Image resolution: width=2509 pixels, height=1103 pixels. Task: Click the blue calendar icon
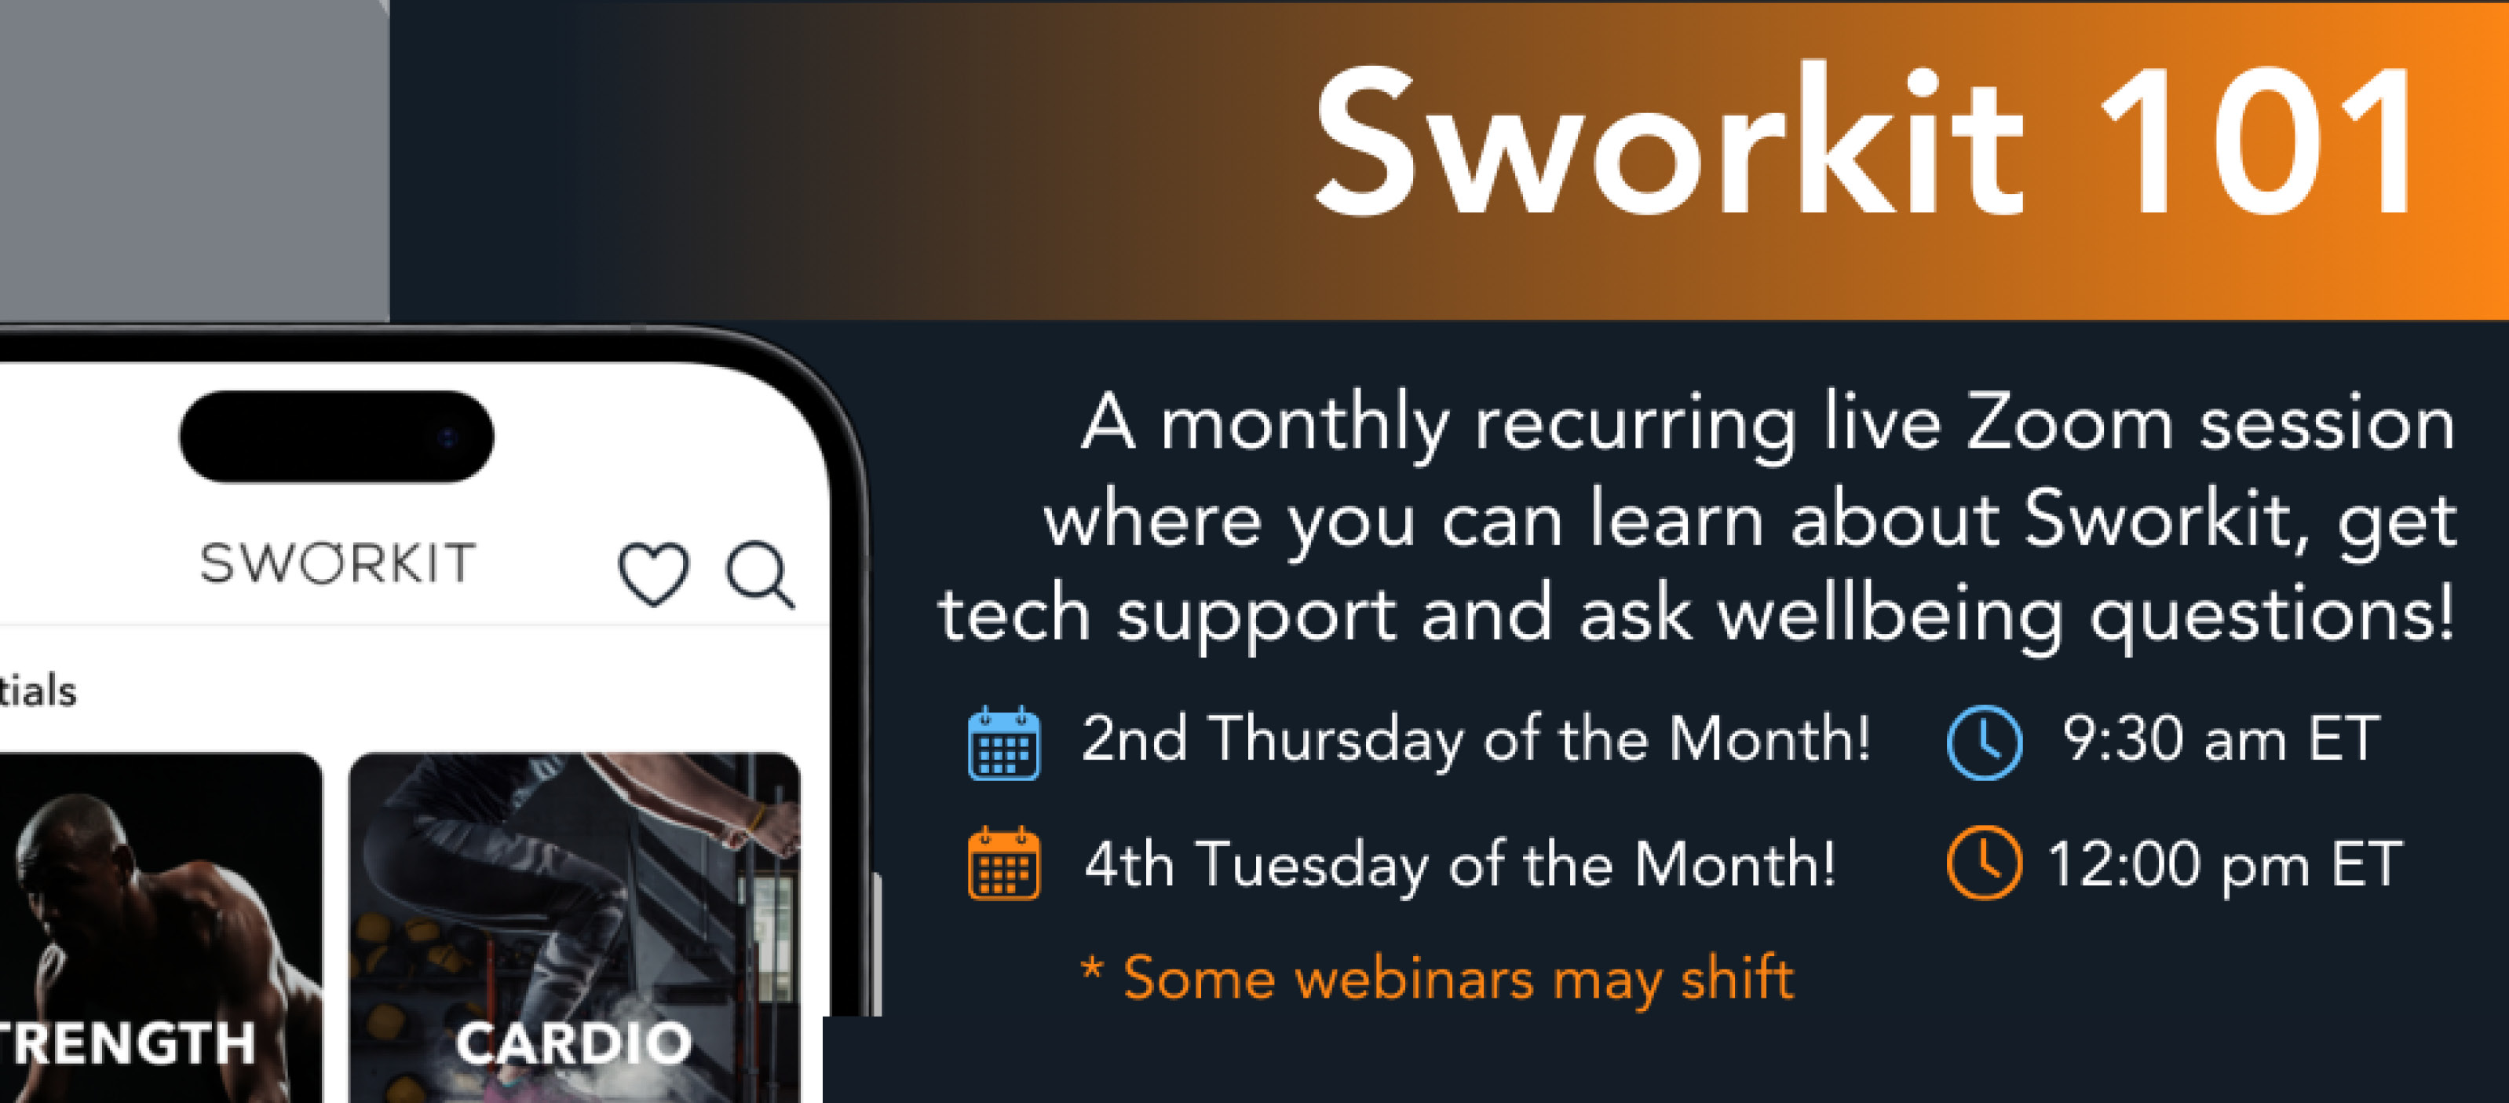pyautogui.click(x=1004, y=742)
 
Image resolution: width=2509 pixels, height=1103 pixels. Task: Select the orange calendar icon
pyautogui.click(x=1004, y=863)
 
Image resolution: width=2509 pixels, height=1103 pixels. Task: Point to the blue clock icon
pyautogui.click(x=1984, y=742)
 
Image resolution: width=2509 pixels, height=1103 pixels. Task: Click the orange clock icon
pyautogui.click(x=1984, y=863)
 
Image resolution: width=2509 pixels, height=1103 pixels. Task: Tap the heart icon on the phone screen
pyautogui.click(x=653, y=575)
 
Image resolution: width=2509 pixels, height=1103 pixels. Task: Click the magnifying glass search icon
pyautogui.click(x=760, y=575)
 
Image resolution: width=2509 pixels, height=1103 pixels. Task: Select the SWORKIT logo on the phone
pyautogui.click(x=338, y=563)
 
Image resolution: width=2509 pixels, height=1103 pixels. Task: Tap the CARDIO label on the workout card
pyautogui.click(x=574, y=1043)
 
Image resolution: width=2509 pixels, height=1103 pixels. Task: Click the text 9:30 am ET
pyautogui.click(x=2222, y=738)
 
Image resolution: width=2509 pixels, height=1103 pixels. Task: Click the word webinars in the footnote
pyautogui.click(x=1414, y=978)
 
